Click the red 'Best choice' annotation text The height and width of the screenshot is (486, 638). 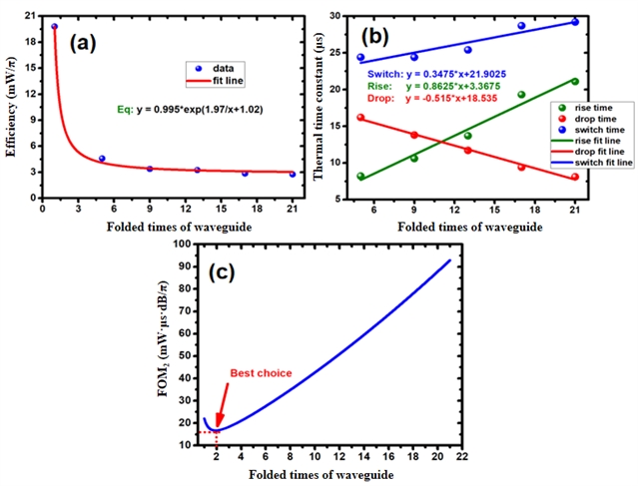[x=262, y=372]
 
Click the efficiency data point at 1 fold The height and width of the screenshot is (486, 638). [x=54, y=26]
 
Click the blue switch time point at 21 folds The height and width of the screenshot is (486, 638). [x=575, y=22]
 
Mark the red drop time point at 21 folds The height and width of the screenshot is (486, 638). [x=575, y=178]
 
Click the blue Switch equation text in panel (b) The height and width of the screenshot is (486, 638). [x=455, y=74]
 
